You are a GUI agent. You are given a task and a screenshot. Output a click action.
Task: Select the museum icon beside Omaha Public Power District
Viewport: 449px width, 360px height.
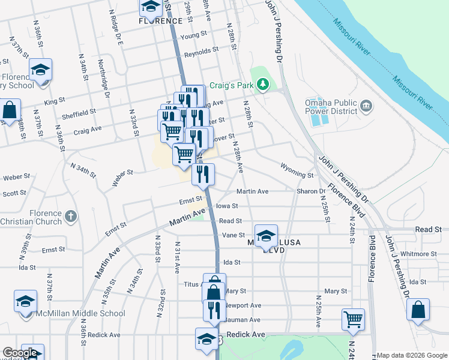click(367, 107)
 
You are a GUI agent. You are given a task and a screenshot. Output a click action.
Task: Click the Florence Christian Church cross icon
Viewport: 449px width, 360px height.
click(71, 216)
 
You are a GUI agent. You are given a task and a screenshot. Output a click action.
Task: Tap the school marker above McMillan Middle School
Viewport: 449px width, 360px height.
click(26, 302)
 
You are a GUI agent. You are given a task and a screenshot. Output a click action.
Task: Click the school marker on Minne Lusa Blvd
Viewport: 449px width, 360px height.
click(266, 236)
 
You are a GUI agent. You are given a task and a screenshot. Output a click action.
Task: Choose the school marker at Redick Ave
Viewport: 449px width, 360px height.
click(206, 339)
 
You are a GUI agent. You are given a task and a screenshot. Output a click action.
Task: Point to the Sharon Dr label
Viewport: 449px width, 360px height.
click(310, 191)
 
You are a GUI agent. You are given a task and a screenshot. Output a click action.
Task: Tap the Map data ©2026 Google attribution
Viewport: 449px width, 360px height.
click(412, 355)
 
